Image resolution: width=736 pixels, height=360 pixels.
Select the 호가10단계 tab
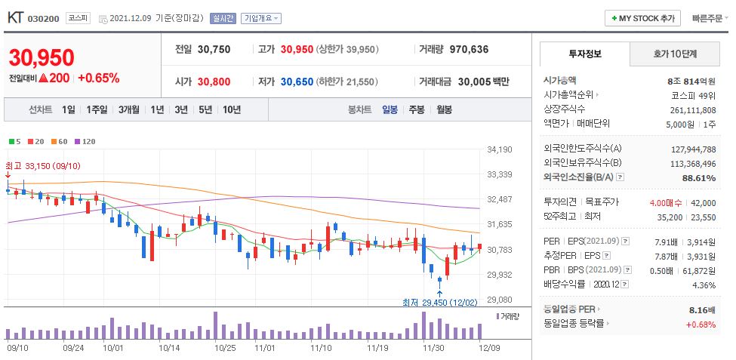click(674, 54)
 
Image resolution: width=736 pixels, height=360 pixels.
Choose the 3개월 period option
click(130, 109)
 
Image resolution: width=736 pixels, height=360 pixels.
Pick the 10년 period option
click(231, 109)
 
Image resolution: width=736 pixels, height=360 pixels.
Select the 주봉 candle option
click(416, 109)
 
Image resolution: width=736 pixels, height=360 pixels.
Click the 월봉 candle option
click(444, 109)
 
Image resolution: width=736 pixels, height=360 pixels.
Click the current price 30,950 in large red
click(42, 58)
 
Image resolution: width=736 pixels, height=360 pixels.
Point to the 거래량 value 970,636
click(469, 49)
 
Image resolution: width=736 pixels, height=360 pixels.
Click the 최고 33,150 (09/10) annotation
click(42, 165)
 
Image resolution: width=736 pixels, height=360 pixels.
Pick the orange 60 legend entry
click(60, 141)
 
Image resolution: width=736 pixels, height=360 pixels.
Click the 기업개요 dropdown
click(261, 18)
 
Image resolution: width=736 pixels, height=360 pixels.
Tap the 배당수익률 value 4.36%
click(702, 285)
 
